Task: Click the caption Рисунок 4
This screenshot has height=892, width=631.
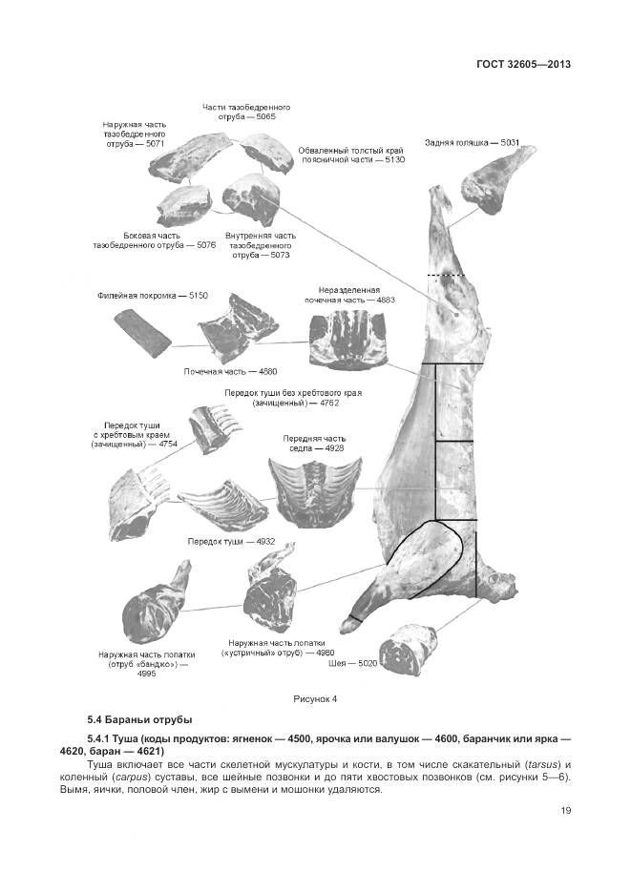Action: (x=315, y=699)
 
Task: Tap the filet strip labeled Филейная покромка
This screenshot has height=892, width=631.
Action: (x=141, y=333)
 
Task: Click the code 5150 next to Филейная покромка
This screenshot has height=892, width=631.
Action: (x=198, y=297)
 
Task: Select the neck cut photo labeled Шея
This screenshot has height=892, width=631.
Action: (x=408, y=648)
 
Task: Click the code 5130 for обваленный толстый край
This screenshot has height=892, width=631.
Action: (x=393, y=160)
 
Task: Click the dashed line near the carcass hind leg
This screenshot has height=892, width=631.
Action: (x=446, y=277)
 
